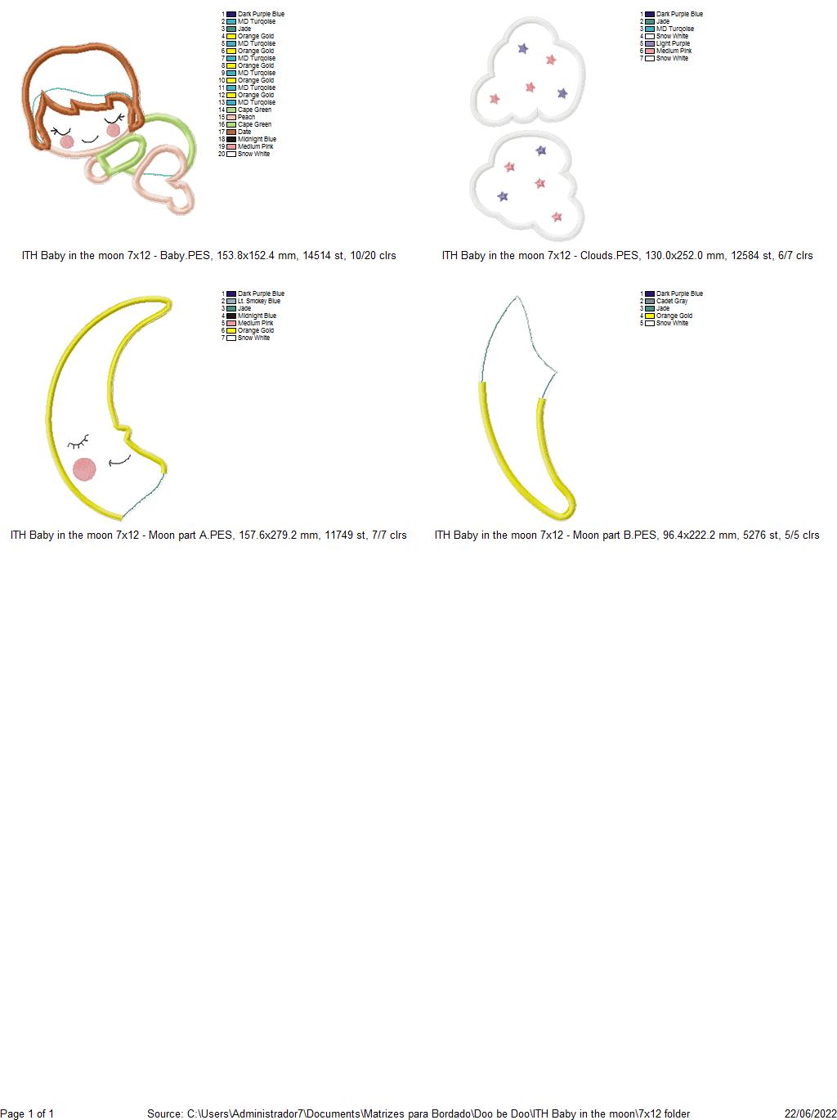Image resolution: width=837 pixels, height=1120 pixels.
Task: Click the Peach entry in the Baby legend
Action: [x=246, y=117]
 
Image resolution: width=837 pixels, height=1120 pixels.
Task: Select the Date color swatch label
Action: [x=244, y=132]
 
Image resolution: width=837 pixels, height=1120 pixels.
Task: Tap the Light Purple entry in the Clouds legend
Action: [x=673, y=43]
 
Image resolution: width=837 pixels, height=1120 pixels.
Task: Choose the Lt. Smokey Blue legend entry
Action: [x=258, y=301]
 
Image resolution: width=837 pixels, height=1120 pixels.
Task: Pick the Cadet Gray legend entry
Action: [x=672, y=301]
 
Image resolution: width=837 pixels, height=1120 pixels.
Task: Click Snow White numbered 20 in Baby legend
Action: [x=253, y=154]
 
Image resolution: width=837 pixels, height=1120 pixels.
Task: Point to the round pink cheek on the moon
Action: [x=84, y=469]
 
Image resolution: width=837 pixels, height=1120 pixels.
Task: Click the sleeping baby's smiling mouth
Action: [x=90, y=139]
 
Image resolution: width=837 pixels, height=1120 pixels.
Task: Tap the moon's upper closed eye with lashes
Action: [x=78, y=442]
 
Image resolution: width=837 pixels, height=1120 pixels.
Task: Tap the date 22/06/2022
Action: [x=811, y=1113]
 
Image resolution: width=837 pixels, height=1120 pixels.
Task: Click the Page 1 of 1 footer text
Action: [x=27, y=1113]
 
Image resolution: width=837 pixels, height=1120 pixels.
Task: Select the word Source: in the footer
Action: [x=165, y=1113]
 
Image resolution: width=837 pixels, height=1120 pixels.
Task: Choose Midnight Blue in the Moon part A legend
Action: [x=257, y=316]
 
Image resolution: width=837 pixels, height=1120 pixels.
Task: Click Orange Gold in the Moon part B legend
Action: [x=674, y=316]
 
